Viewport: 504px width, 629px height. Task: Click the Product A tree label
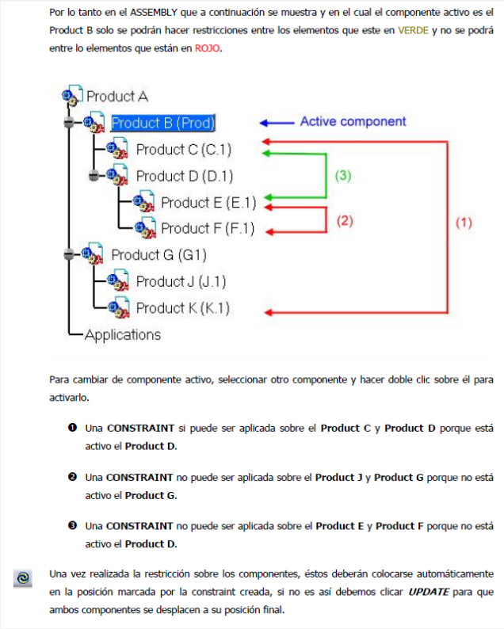click(116, 97)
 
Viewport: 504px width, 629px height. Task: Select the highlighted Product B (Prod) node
click(163, 123)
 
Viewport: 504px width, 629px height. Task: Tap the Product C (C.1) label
click(183, 149)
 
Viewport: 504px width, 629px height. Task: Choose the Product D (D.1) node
click(184, 175)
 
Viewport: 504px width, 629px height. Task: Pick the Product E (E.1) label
click(208, 202)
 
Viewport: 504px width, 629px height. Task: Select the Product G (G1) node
click(158, 255)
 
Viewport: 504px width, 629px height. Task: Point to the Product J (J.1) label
click(181, 281)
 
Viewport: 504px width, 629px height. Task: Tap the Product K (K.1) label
click(183, 307)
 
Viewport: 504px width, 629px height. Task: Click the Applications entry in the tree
click(122, 334)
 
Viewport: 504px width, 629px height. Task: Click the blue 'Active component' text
click(353, 122)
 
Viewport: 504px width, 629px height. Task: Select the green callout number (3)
click(342, 176)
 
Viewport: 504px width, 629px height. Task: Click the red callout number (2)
click(344, 221)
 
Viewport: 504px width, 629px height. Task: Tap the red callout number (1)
click(463, 223)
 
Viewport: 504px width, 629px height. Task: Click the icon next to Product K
click(118, 307)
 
